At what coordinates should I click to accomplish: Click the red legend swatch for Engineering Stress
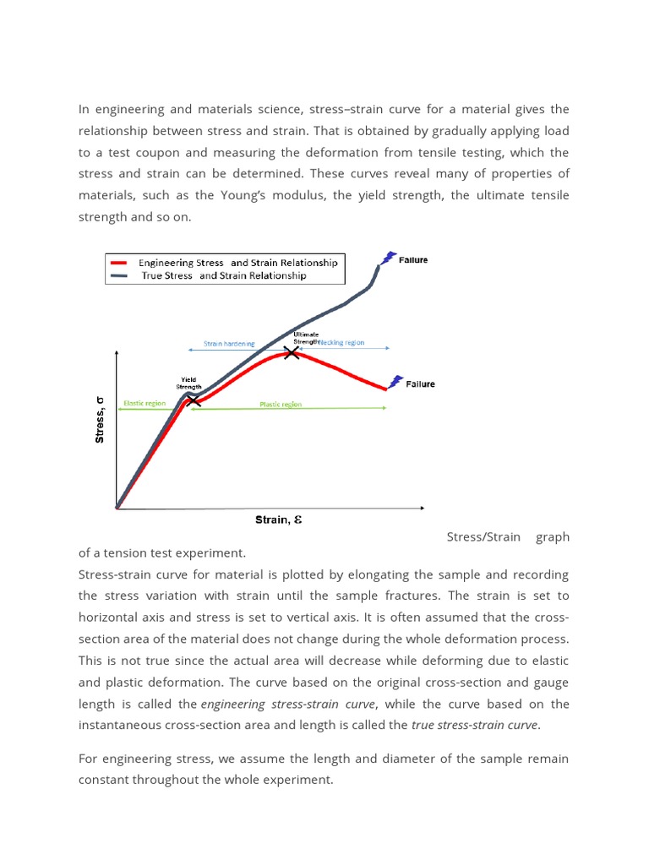coord(119,263)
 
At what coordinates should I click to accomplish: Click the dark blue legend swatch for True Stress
coord(119,275)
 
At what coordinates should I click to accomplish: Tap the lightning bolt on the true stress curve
coord(389,258)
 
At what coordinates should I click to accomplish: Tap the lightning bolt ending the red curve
coord(395,382)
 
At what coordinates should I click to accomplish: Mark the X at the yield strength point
coord(194,400)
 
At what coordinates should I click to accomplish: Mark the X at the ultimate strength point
coord(292,352)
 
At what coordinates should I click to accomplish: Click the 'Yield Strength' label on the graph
coord(188,384)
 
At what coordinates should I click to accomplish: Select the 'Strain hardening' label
coord(229,344)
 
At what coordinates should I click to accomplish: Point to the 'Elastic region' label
coord(145,404)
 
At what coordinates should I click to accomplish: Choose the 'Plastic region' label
coord(281,405)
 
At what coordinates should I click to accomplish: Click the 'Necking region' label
coord(342,343)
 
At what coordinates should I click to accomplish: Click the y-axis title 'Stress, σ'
coord(100,420)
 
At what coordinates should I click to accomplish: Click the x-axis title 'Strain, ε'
coord(278,520)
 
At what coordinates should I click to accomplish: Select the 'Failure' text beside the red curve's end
coord(421,384)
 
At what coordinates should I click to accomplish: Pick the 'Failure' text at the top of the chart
coord(414,260)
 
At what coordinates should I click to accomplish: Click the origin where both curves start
coord(117,507)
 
